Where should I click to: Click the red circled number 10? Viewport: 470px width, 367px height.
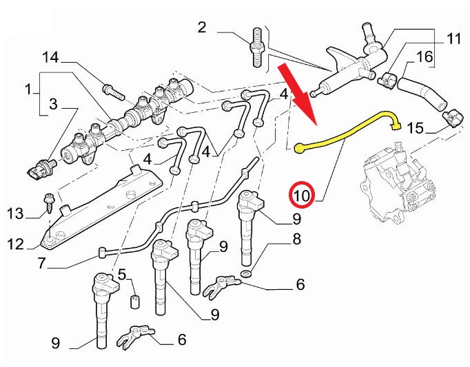[302, 196]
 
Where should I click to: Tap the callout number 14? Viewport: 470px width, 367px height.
[51, 56]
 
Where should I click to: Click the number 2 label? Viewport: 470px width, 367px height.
[202, 28]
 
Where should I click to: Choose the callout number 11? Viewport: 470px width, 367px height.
[453, 39]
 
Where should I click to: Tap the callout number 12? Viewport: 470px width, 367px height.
[16, 244]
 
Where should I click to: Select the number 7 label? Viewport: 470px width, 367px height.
[42, 262]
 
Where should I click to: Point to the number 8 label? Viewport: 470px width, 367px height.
[297, 240]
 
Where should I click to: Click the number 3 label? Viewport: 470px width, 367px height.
[53, 105]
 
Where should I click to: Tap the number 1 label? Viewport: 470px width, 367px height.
[28, 89]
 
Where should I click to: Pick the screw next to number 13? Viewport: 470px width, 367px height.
[50, 202]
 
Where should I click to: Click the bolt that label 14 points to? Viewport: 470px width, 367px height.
[110, 89]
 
